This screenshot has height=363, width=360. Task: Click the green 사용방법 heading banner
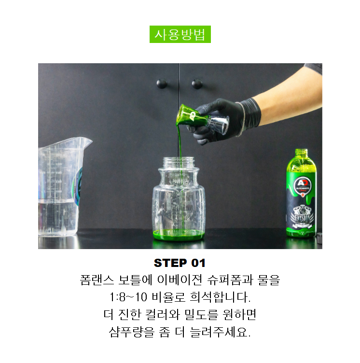[180, 34]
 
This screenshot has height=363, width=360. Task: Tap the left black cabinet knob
[162, 84]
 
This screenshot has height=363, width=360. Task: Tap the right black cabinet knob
[197, 84]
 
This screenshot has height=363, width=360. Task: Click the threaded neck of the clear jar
[179, 162]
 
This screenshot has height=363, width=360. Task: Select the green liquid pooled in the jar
[179, 235]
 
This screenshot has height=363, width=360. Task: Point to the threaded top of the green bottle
[301, 153]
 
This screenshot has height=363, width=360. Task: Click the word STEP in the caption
[170, 263]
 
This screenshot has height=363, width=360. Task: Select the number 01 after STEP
[198, 263]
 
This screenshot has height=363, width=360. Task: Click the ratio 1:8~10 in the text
[128, 297]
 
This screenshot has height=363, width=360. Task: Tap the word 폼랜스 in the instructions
[97, 280]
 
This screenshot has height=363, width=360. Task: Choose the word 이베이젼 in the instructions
[180, 280]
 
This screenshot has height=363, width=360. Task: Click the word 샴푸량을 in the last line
[131, 332]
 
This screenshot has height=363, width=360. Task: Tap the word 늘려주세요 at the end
[220, 332]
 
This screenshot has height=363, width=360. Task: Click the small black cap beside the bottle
[319, 238]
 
